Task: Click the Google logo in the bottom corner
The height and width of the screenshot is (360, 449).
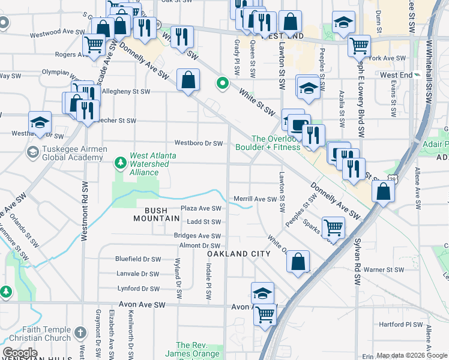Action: point(20,353)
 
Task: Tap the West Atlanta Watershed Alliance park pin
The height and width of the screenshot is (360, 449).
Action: point(121,162)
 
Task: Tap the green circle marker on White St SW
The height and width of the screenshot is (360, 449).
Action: point(223,83)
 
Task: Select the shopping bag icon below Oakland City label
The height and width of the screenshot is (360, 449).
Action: point(298,262)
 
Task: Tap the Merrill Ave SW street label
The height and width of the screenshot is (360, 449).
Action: point(254,199)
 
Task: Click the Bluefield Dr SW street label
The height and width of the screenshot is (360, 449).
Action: point(138,259)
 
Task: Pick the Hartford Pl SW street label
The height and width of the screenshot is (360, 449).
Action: point(401,324)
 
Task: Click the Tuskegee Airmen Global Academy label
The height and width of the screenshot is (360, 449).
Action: point(65,153)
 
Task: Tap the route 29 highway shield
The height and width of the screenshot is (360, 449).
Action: point(392,179)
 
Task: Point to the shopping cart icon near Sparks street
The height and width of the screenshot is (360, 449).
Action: point(333,227)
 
